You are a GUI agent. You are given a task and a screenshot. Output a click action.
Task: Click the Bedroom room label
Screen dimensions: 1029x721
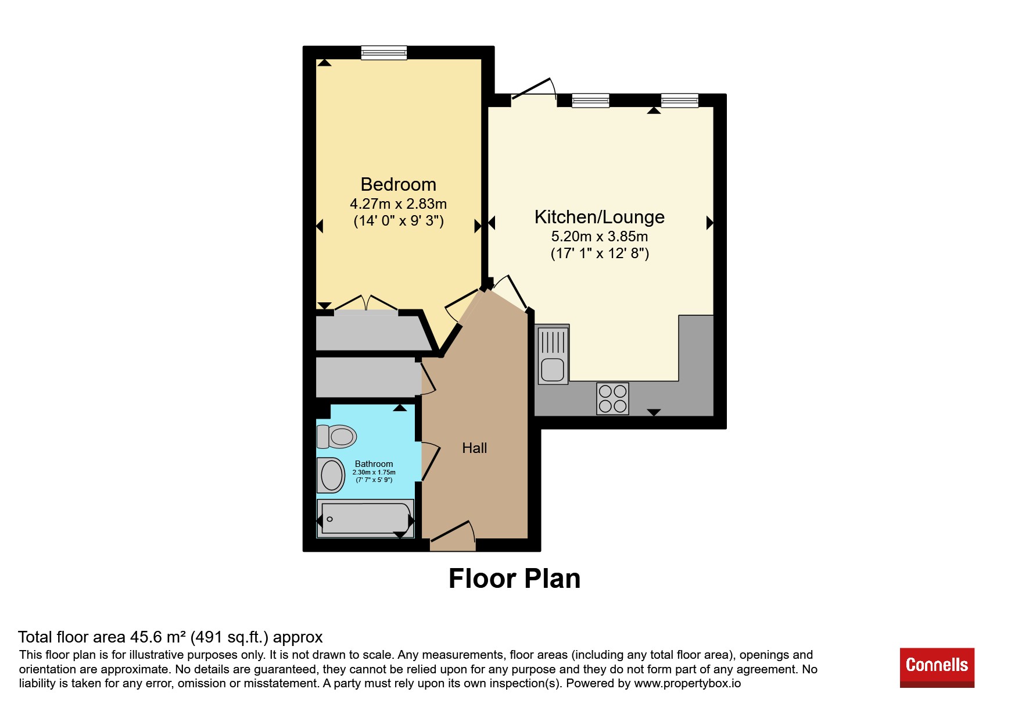(x=398, y=184)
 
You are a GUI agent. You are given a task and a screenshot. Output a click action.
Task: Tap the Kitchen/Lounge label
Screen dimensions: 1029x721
(x=599, y=217)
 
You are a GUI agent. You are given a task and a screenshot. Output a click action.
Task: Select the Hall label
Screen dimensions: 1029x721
(x=474, y=448)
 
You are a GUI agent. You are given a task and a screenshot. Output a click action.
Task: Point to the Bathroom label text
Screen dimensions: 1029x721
(x=374, y=463)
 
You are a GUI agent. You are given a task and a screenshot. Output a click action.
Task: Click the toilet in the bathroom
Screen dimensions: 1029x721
(x=336, y=436)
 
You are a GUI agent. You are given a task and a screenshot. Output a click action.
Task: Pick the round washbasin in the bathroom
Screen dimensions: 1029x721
(x=331, y=475)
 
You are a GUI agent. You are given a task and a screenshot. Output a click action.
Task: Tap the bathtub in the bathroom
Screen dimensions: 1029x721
(x=365, y=518)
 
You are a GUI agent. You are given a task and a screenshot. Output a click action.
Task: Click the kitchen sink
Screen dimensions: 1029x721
(x=553, y=355)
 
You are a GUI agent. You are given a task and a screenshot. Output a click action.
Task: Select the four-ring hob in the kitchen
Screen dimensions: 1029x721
(x=612, y=398)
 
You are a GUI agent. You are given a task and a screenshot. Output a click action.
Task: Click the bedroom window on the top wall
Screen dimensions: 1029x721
(x=383, y=53)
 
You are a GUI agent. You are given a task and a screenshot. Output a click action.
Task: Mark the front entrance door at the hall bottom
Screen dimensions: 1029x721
(x=453, y=536)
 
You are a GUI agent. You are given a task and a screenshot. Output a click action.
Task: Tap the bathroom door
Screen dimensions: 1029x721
(x=431, y=461)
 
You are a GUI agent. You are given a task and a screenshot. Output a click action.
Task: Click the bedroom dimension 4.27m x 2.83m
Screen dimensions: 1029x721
(x=398, y=204)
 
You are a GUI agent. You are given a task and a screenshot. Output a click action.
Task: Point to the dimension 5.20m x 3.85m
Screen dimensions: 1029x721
(x=599, y=237)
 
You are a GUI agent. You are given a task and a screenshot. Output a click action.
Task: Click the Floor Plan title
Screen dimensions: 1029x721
(x=514, y=579)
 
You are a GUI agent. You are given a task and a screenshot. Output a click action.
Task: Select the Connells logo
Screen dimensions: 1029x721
(x=937, y=667)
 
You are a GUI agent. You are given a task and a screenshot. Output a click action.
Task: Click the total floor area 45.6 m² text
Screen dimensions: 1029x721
(x=170, y=637)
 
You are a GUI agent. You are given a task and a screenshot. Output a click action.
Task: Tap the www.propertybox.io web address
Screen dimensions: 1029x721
(x=687, y=684)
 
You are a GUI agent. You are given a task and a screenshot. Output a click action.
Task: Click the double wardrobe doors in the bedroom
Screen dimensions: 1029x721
(x=366, y=304)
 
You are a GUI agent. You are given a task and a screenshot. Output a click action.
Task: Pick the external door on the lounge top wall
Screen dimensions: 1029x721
(x=534, y=91)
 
